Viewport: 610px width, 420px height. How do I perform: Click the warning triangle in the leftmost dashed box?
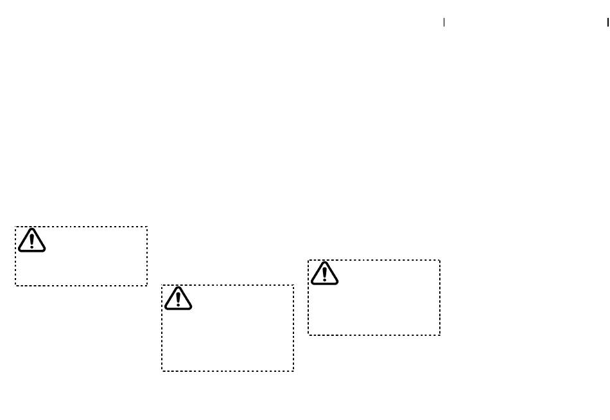pos(31,240)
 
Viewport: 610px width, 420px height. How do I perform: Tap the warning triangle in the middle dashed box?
pos(178,299)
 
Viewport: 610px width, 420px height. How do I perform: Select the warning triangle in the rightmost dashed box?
pos(324,273)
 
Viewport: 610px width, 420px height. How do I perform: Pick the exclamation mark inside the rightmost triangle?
pos(324,274)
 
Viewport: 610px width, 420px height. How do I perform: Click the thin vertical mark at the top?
pos(444,22)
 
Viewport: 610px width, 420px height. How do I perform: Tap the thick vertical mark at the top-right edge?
pos(607,22)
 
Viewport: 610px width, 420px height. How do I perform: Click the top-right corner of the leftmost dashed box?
pos(148,227)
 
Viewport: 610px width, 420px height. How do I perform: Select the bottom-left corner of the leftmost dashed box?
pos(16,285)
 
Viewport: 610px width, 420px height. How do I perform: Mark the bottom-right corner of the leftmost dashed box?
pos(148,285)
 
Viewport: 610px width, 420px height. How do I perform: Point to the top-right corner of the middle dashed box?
pos(293,285)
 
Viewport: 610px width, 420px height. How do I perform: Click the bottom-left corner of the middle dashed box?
pos(162,371)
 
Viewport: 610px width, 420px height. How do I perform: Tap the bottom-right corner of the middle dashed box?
pos(293,371)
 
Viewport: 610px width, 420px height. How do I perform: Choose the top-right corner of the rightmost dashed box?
pos(440,260)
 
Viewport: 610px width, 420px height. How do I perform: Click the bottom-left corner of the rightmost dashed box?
pos(308,335)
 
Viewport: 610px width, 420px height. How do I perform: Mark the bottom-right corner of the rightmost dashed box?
pos(440,335)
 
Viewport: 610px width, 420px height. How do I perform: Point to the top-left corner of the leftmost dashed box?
pos(16,227)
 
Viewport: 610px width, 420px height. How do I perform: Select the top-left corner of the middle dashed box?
pos(162,285)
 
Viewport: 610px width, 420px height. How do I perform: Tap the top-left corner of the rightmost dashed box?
pos(308,260)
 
